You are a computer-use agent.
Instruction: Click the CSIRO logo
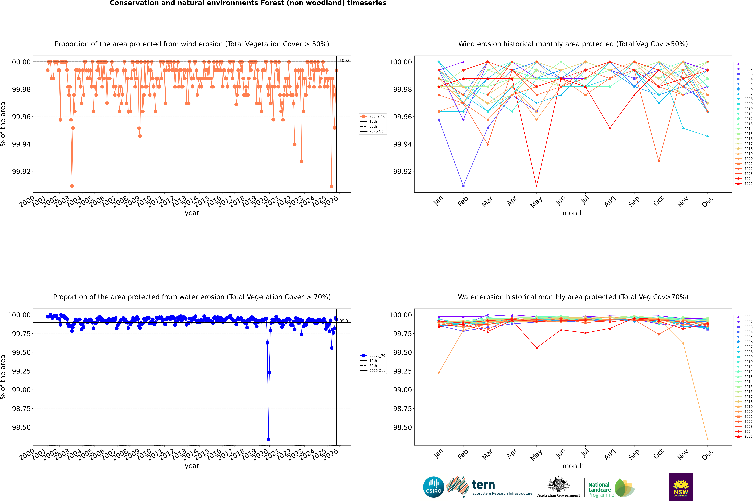pos(433,487)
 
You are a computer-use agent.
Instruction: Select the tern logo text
pos(483,485)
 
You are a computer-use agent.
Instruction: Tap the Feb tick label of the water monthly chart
pos(463,454)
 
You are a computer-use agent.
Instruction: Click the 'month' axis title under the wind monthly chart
pos(573,213)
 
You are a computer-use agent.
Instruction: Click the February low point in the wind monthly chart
pos(463,186)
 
